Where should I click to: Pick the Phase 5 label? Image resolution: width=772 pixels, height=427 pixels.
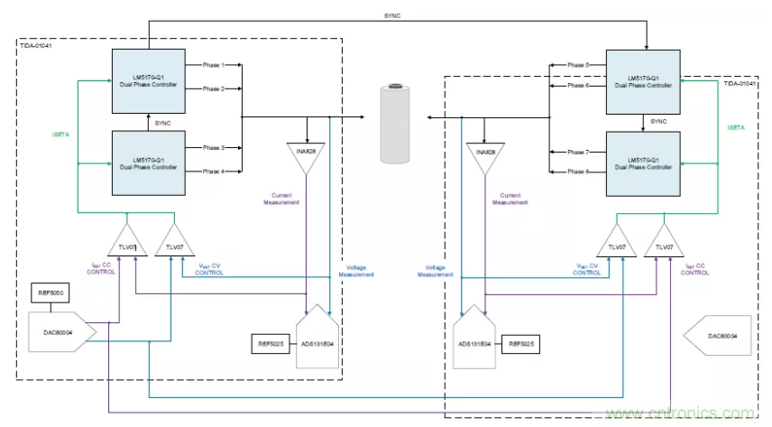(x=577, y=65)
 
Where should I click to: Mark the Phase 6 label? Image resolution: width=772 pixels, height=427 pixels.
(x=577, y=87)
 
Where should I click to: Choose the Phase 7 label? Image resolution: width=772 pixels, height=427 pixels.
(x=577, y=152)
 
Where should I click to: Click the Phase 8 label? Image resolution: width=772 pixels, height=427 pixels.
(x=577, y=171)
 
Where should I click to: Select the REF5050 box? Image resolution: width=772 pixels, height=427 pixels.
(x=51, y=293)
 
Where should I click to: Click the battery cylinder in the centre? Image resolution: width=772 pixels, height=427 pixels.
(x=393, y=126)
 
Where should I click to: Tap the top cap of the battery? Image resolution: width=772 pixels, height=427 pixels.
(x=393, y=88)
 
